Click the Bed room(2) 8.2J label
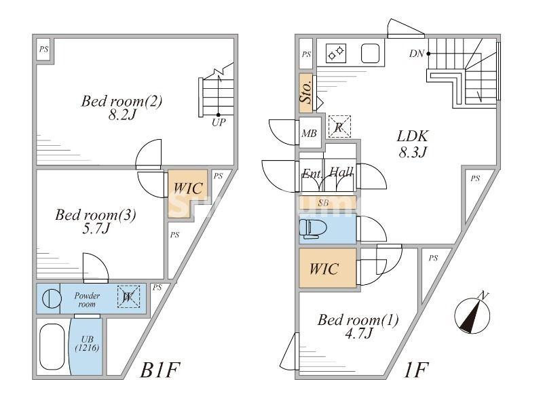click(121, 108)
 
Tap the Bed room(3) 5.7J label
click(96, 222)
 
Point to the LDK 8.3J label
click(412, 143)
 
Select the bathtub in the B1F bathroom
click(52, 347)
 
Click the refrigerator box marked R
click(339, 125)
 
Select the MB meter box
click(309, 134)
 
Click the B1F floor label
click(161, 370)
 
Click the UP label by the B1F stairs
click(218, 123)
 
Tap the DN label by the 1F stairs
click(417, 53)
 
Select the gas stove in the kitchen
click(335, 52)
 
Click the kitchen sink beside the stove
click(370, 52)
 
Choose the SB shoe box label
click(324, 202)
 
